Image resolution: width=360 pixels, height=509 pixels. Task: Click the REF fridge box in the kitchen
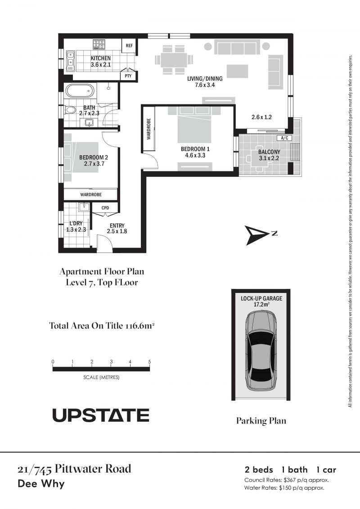pyautogui.click(x=129, y=45)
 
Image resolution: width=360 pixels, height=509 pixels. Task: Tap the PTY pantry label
pyautogui.click(x=128, y=76)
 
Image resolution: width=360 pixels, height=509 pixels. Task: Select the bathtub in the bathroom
pyautogui.click(x=80, y=91)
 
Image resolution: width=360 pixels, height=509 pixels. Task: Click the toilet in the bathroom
pyautogui.click(x=69, y=110)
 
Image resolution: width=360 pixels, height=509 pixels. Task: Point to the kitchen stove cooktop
pyautogui.click(x=99, y=45)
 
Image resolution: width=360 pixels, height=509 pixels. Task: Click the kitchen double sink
pyautogui.click(x=71, y=61)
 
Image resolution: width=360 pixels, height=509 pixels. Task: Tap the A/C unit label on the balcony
pyautogui.click(x=284, y=138)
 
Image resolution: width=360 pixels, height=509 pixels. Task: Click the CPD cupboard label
pyautogui.click(x=105, y=208)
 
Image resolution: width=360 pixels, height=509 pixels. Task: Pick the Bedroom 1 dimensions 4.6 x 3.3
pyautogui.click(x=195, y=155)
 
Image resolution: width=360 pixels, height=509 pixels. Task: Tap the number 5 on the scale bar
pyautogui.click(x=150, y=362)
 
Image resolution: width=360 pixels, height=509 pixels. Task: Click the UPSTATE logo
pyautogui.click(x=101, y=415)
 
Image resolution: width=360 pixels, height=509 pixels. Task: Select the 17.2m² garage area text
pyautogui.click(x=261, y=305)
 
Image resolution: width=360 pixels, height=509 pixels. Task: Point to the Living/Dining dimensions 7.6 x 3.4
pyautogui.click(x=205, y=85)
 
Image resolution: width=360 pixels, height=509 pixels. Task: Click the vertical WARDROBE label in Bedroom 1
pyautogui.click(x=148, y=129)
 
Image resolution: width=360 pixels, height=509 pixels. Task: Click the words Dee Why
pyautogui.click(x=41, y=484)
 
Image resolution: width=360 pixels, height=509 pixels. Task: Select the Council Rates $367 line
pyautogui.click(x=287, y=480)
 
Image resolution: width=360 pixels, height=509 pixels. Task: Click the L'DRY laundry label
pyautogui.click(x=76, y=223)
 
